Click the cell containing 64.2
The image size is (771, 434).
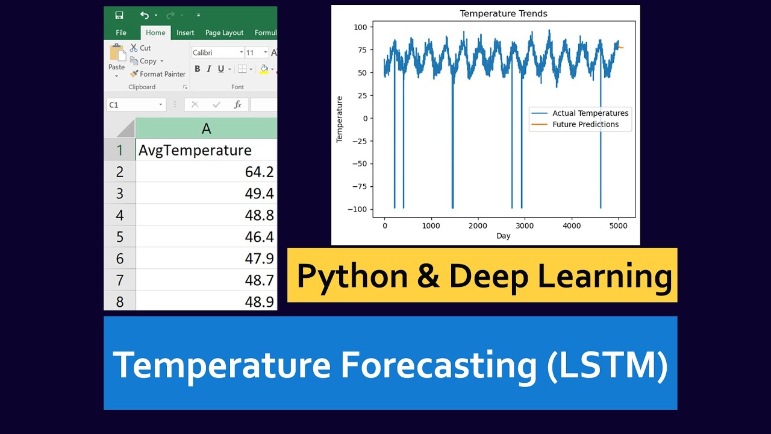206,172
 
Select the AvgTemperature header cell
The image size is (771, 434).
206,150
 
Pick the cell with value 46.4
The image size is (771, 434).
206,237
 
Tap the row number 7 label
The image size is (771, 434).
120,280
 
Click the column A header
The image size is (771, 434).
206,128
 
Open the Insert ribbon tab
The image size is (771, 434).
185,33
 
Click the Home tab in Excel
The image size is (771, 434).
155,33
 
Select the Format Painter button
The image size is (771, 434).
158,74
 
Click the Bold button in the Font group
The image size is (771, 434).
198,69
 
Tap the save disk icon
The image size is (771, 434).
119,15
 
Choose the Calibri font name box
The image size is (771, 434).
217,53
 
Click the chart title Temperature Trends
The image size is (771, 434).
504,13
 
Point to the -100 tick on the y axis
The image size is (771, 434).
359,209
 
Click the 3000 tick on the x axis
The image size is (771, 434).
525,225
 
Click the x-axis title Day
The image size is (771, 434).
504,236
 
